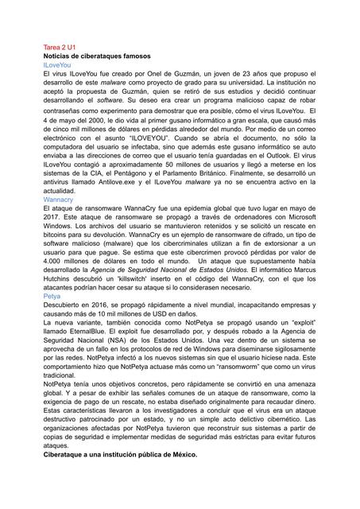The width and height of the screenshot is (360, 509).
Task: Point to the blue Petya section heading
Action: click(52, 295)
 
